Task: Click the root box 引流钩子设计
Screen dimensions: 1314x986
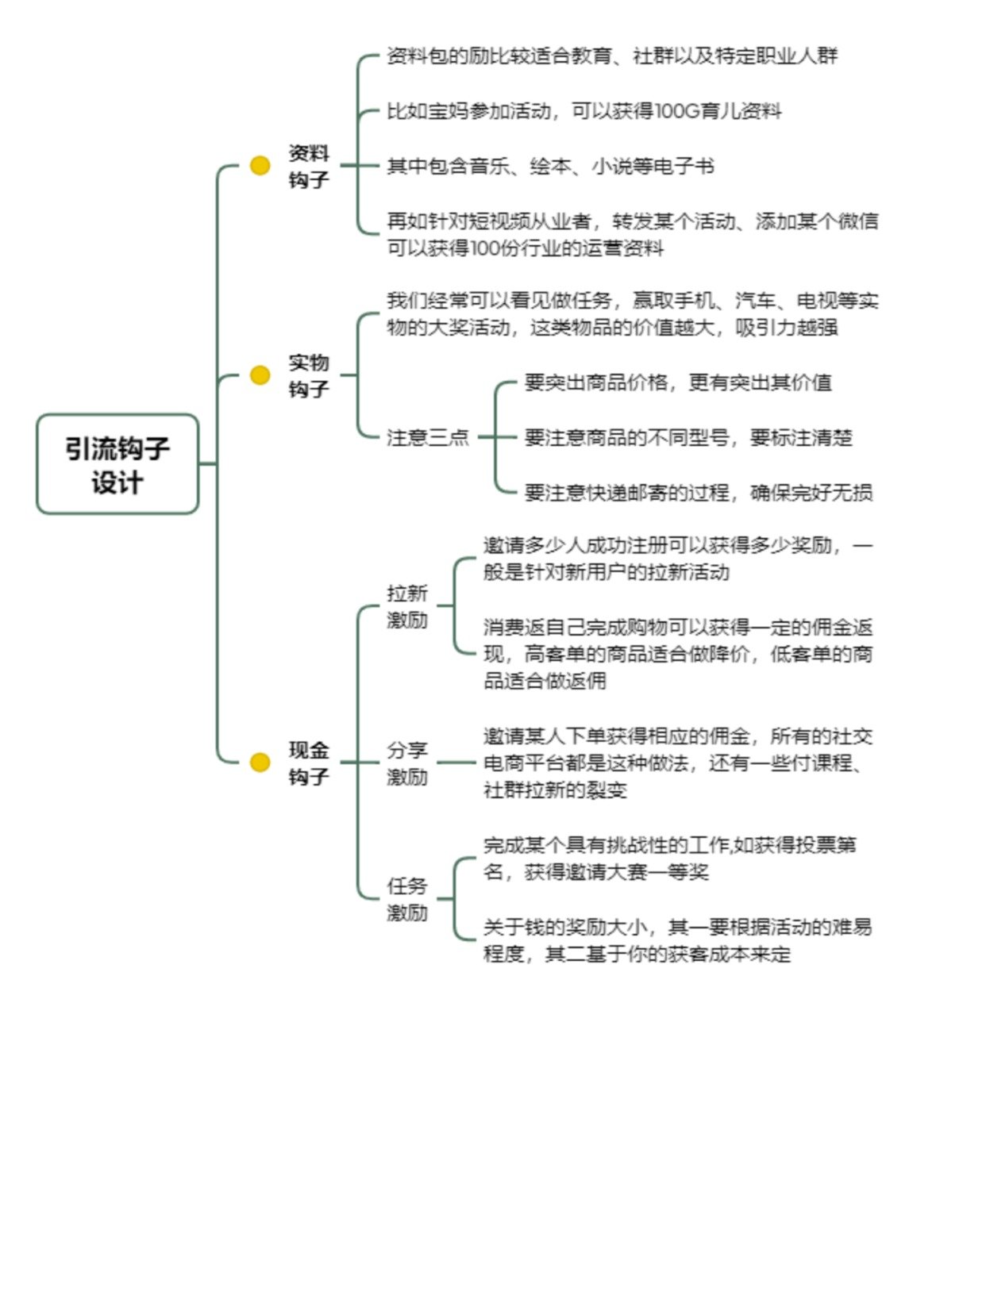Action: click(x=117, y=463)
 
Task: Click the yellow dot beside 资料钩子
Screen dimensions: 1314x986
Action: click(x=260, y=165)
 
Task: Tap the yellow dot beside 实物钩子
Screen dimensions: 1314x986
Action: click(x=260, y=375)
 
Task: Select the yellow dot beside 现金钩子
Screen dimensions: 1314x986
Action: click(x=260, y=762)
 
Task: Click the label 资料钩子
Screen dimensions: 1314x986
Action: click(x=309, y=166)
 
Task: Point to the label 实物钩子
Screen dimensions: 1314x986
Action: click(x=309, y=375)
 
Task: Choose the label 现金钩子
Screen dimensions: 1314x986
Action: click(x=309, y=763)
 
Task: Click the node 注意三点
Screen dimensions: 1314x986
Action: click(x=427, y=437)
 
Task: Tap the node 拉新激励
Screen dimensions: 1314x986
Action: click(x=407, y=606)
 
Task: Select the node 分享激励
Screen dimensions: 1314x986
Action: click(x=407, y=763)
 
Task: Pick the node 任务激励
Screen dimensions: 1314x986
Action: click(x=407, y=898)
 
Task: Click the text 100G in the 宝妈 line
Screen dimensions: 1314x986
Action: click(x=677, y=111)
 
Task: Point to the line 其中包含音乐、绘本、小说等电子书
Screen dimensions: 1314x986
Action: click(x=550, y=166)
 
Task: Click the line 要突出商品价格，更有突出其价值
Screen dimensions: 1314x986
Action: click(x=678, y=382)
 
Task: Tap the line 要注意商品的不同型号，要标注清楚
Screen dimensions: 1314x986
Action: click(x=688, y=437)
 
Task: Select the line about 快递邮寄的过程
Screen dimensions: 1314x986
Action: click(x=698, y=492)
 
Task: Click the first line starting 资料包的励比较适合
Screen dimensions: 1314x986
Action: click(x=612, y=56)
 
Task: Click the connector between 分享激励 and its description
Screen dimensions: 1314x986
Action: click(x=456, y=763)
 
